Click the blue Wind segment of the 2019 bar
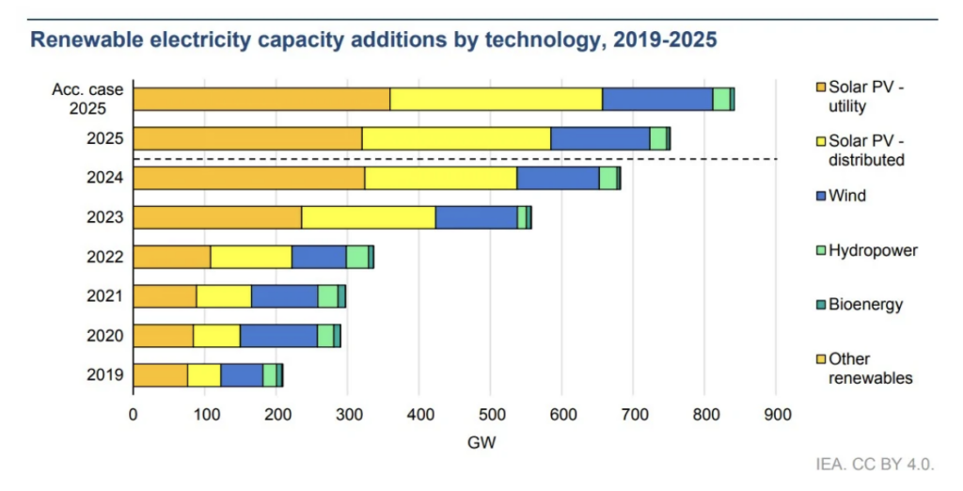tap(242, 375)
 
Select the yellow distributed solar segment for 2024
tap(440, 178)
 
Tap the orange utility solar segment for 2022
tap(172, 257)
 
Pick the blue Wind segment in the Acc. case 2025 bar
tap(657, 100)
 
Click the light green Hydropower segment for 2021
tap(328, 296)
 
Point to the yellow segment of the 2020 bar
tap(216, 336)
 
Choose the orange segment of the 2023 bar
tap(217, 217)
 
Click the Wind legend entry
tap(842, 196)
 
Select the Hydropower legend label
tap(874, 251)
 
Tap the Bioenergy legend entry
tap(860, 305)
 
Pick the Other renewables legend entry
tap(865, 368)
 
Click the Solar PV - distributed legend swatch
tap(821, 142)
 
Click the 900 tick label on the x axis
tap(777, 415)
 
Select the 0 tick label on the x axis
tap(134, 415)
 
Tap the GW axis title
tap(481, 442)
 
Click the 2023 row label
tap(105, 217)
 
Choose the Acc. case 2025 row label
tap(87, 99)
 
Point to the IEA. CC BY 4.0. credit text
tap(875, 464)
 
